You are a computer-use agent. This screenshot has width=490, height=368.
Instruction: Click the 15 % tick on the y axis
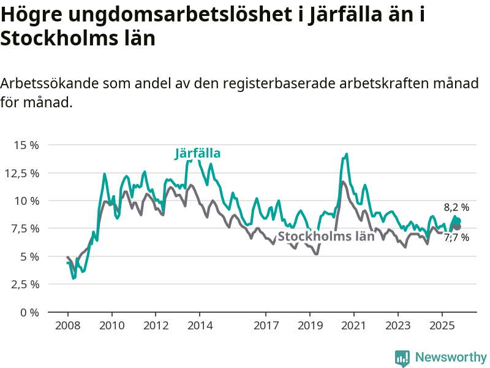pyautogui.click(x=26, y=145)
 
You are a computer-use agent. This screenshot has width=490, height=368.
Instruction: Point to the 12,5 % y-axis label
pyautogui.click(x=23, y=173)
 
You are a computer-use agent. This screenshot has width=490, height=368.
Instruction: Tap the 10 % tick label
pyautogui.click(x=26, y=201)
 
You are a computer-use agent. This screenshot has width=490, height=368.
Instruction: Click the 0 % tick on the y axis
pyautogui.click(x=29, y=312)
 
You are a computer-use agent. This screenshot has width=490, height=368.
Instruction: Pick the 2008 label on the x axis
pyautogui.click(x=68, y=324)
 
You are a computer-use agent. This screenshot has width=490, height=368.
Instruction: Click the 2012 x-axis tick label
pyautogui.click(x=156, y=324)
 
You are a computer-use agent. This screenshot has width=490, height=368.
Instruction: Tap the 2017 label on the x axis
pyautogui.click(x=266, y=324)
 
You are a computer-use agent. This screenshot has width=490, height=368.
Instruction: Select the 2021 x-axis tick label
pyautogui.click(x=354, y=324)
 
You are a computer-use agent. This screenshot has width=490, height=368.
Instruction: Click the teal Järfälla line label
pyautogui.click(x=197, y=153)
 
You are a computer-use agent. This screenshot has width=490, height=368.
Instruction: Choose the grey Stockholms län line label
pyautogui.click(x=326, y=237)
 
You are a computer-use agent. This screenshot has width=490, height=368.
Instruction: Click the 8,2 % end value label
pyautogui.click(x=456, y=207)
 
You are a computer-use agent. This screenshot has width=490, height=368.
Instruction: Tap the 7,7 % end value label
pyautogui.click(x=456, y=238)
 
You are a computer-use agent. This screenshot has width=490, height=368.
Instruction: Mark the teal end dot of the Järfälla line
pyautogui.click(x=457, y=221)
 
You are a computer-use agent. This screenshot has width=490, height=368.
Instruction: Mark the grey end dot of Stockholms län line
pyautogui.click(x=457, y=227)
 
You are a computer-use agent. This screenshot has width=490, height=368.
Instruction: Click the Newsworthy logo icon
pyautogui.click(x=402, y=358)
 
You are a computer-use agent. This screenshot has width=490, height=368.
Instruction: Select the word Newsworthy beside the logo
pyautogui.click(x=451, y=358)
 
